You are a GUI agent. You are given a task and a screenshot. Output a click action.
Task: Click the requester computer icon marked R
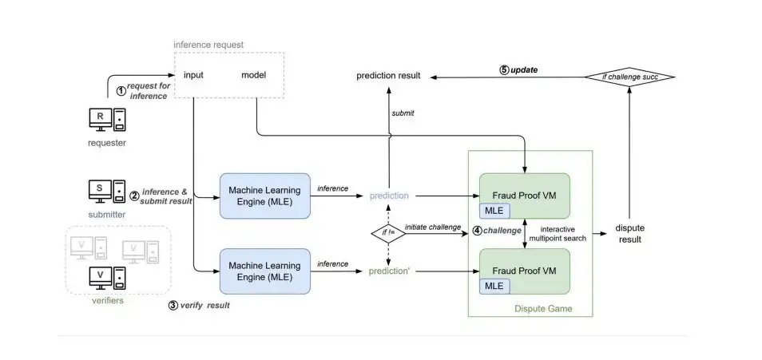click(107, 119)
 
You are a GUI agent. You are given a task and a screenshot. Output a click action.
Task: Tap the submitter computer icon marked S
click(106, 192)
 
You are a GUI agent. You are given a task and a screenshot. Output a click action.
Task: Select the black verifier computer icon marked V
click(106, 279)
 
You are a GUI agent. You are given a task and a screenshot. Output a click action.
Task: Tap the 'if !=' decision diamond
click(387, 233)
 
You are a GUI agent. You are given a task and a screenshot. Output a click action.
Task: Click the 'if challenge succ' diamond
click(629, 77)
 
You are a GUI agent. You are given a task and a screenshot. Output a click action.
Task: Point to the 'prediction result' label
click(388, 76)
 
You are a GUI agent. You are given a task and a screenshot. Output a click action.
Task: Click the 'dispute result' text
click(629, 233)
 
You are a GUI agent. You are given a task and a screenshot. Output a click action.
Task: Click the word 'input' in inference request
click(193, 75)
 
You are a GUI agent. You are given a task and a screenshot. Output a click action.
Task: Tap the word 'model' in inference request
click(254, 75)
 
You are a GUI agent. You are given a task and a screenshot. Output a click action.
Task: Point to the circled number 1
click(121, 90)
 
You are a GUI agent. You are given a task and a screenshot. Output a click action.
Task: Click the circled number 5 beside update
click(504, 70)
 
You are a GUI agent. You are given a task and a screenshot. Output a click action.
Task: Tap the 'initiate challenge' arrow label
click(433, 227)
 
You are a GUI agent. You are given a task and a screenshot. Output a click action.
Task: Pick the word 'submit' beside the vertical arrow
click(403, 113)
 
